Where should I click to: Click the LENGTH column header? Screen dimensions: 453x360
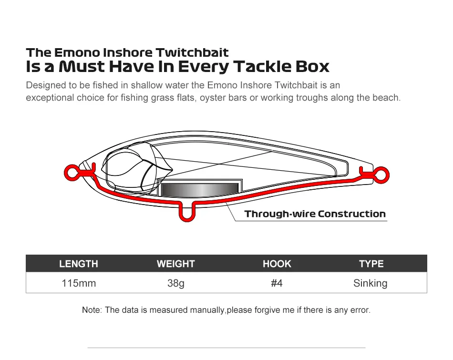coord(79,264)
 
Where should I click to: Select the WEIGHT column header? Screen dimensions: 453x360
coord(175,264)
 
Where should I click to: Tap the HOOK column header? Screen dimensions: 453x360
coord(277,264)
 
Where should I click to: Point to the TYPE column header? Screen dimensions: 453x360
coord(371,264)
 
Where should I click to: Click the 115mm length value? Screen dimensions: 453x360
coord(79,283)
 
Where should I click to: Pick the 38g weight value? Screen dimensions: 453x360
coord(175,283)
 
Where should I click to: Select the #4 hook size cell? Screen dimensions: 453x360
coord(277,283)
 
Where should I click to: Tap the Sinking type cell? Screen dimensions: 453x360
coord(370,283)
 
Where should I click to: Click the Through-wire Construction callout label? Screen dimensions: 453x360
coord(315,214)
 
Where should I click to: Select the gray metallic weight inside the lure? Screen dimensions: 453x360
coord(200,190)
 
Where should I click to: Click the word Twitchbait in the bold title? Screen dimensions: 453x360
coord(192,52)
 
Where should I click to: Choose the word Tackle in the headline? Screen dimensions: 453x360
coord(262,66)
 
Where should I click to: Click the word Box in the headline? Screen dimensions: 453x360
coord(312,66)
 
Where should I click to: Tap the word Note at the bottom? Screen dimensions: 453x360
coord(92,310)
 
